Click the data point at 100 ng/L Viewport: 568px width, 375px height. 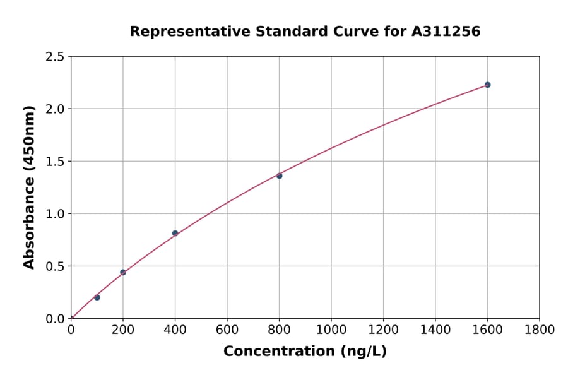97,297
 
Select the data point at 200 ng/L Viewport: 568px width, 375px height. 123,272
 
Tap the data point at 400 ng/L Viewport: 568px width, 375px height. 175,233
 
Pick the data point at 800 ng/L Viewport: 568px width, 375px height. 279,176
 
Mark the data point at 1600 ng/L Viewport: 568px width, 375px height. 487,85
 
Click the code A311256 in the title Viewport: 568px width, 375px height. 447,31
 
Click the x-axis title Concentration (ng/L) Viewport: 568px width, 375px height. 305,351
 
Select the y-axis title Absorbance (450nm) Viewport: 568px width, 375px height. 29,187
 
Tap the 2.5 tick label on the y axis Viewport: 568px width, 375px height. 56,57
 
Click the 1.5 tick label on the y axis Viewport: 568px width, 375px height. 56,162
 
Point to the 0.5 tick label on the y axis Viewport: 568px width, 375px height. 56,266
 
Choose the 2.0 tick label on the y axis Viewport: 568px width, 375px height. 56,109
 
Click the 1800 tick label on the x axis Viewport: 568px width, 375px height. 540,330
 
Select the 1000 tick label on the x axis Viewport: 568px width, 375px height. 331,330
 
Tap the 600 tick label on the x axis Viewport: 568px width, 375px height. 227,330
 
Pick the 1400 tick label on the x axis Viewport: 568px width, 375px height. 435,330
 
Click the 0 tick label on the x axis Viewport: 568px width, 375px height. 71,330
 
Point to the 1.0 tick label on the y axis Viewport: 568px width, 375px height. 56,214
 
